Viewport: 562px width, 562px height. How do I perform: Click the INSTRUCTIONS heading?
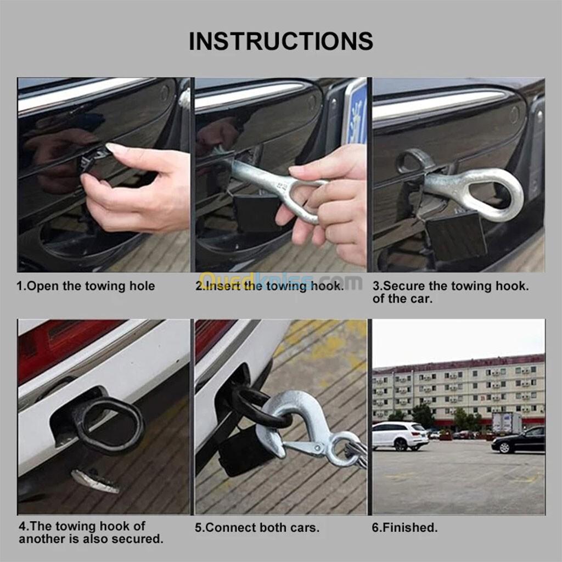281,41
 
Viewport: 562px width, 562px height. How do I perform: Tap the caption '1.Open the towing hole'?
86,286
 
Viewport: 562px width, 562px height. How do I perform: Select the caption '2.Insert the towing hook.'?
269,285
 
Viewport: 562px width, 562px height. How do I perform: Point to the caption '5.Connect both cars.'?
257,527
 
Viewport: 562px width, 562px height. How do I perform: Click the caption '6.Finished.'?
404,527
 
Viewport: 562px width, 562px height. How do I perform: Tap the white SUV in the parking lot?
400,435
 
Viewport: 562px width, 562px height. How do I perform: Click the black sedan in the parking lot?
518,441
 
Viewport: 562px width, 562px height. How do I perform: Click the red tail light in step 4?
61,344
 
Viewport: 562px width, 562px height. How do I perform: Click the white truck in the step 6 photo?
507,423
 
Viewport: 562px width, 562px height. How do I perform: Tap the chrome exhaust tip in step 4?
95,481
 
